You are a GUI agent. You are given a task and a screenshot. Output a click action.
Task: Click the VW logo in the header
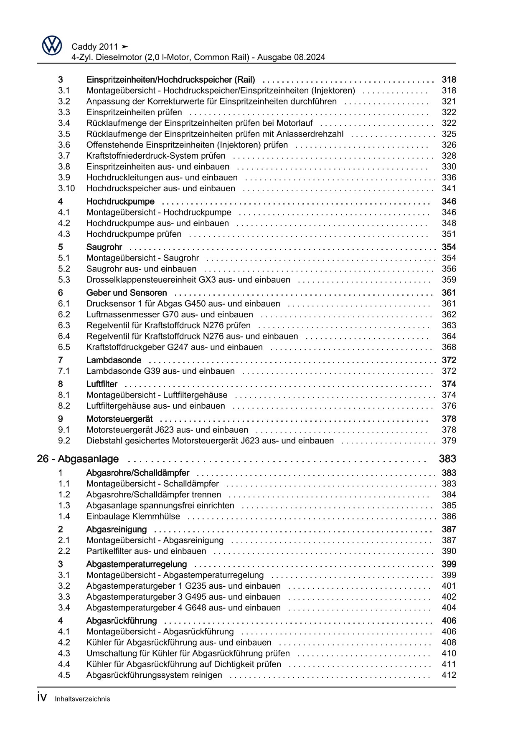[52, 45]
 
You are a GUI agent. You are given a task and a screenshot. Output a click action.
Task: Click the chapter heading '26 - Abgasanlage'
[78, 459]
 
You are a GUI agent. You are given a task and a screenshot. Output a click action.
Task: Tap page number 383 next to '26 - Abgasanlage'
[447, 459]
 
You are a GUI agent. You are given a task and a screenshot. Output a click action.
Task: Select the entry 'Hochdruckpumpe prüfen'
[134, 234]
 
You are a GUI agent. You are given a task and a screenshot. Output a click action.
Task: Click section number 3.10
[66, 188]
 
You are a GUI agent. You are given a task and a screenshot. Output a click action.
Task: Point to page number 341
[449, 188]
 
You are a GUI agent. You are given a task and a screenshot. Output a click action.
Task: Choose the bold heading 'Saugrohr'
[104, 247]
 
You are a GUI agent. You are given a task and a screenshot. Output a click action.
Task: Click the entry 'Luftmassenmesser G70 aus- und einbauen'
[169, 314]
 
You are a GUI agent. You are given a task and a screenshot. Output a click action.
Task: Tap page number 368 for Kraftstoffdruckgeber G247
[449, 347]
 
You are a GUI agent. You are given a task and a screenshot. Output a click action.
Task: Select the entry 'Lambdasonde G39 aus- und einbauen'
[160, 371]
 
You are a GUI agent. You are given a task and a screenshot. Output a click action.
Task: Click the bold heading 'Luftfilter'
[102, 384]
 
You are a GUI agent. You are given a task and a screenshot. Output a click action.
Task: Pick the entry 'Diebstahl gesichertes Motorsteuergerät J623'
[210, 441]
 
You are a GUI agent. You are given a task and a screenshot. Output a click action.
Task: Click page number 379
[449, 441]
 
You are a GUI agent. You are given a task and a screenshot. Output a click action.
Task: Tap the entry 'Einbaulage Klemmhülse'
[133, 516]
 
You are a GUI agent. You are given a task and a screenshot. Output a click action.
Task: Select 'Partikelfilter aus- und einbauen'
[146, 551]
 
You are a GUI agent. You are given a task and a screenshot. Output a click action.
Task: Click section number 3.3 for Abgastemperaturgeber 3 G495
[64, 597]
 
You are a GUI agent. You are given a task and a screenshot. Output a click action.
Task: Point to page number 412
[449, 675]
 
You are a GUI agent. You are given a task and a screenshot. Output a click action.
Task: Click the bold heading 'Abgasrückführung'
[121, 621]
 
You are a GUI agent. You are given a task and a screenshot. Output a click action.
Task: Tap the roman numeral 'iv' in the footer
[41, 698]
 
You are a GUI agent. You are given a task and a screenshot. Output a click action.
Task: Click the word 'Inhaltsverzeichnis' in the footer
[82, 699]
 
